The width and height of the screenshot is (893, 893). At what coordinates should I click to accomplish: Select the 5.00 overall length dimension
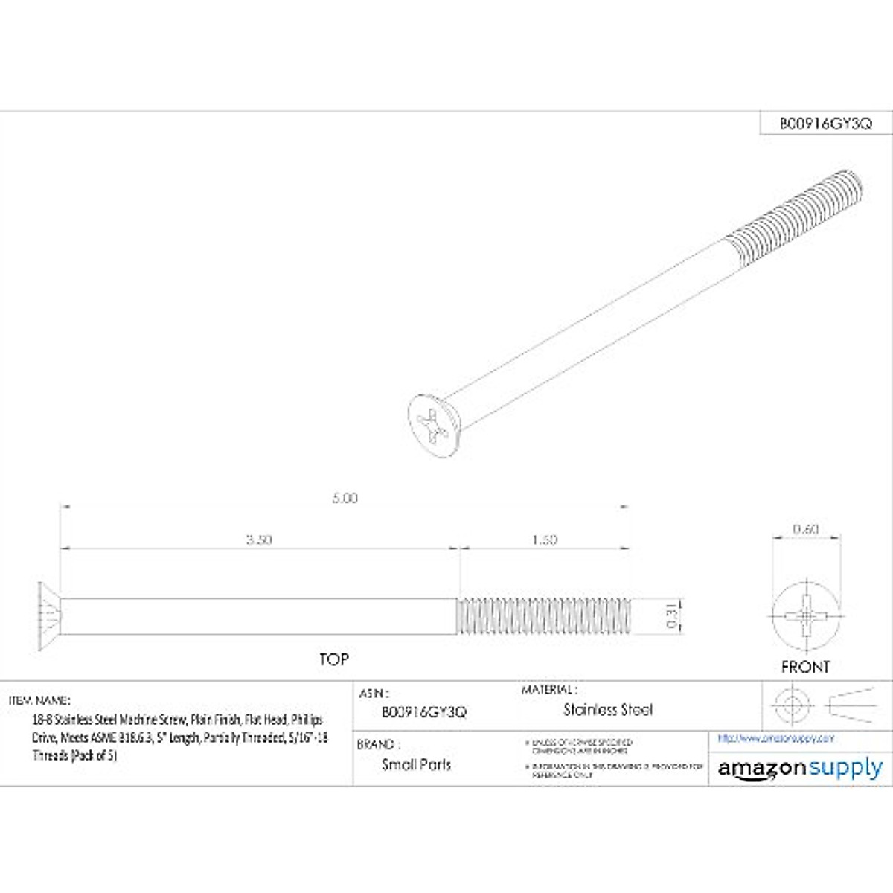tap(345, 498)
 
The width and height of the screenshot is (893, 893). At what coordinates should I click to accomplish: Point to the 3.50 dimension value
tap(259, 540)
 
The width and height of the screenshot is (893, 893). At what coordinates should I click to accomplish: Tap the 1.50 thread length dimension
tap(545, 540)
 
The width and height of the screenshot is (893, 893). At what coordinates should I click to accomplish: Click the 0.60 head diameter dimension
tap(806, 529)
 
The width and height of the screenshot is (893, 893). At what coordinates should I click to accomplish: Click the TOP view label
tap(334, 659)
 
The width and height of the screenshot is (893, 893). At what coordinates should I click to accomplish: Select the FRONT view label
tap(805, 667)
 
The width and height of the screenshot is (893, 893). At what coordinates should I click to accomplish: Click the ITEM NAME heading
tap(39, 700)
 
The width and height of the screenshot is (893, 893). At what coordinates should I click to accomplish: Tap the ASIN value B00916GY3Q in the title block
tap(423, 712)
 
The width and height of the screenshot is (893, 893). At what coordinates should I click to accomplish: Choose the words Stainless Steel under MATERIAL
tap(608, 710)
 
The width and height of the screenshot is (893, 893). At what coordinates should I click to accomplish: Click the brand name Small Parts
tap(416, 764)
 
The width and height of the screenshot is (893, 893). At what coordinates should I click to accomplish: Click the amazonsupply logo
tap(800, 769)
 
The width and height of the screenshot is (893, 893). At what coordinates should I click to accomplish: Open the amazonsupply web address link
tap(776, 738)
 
